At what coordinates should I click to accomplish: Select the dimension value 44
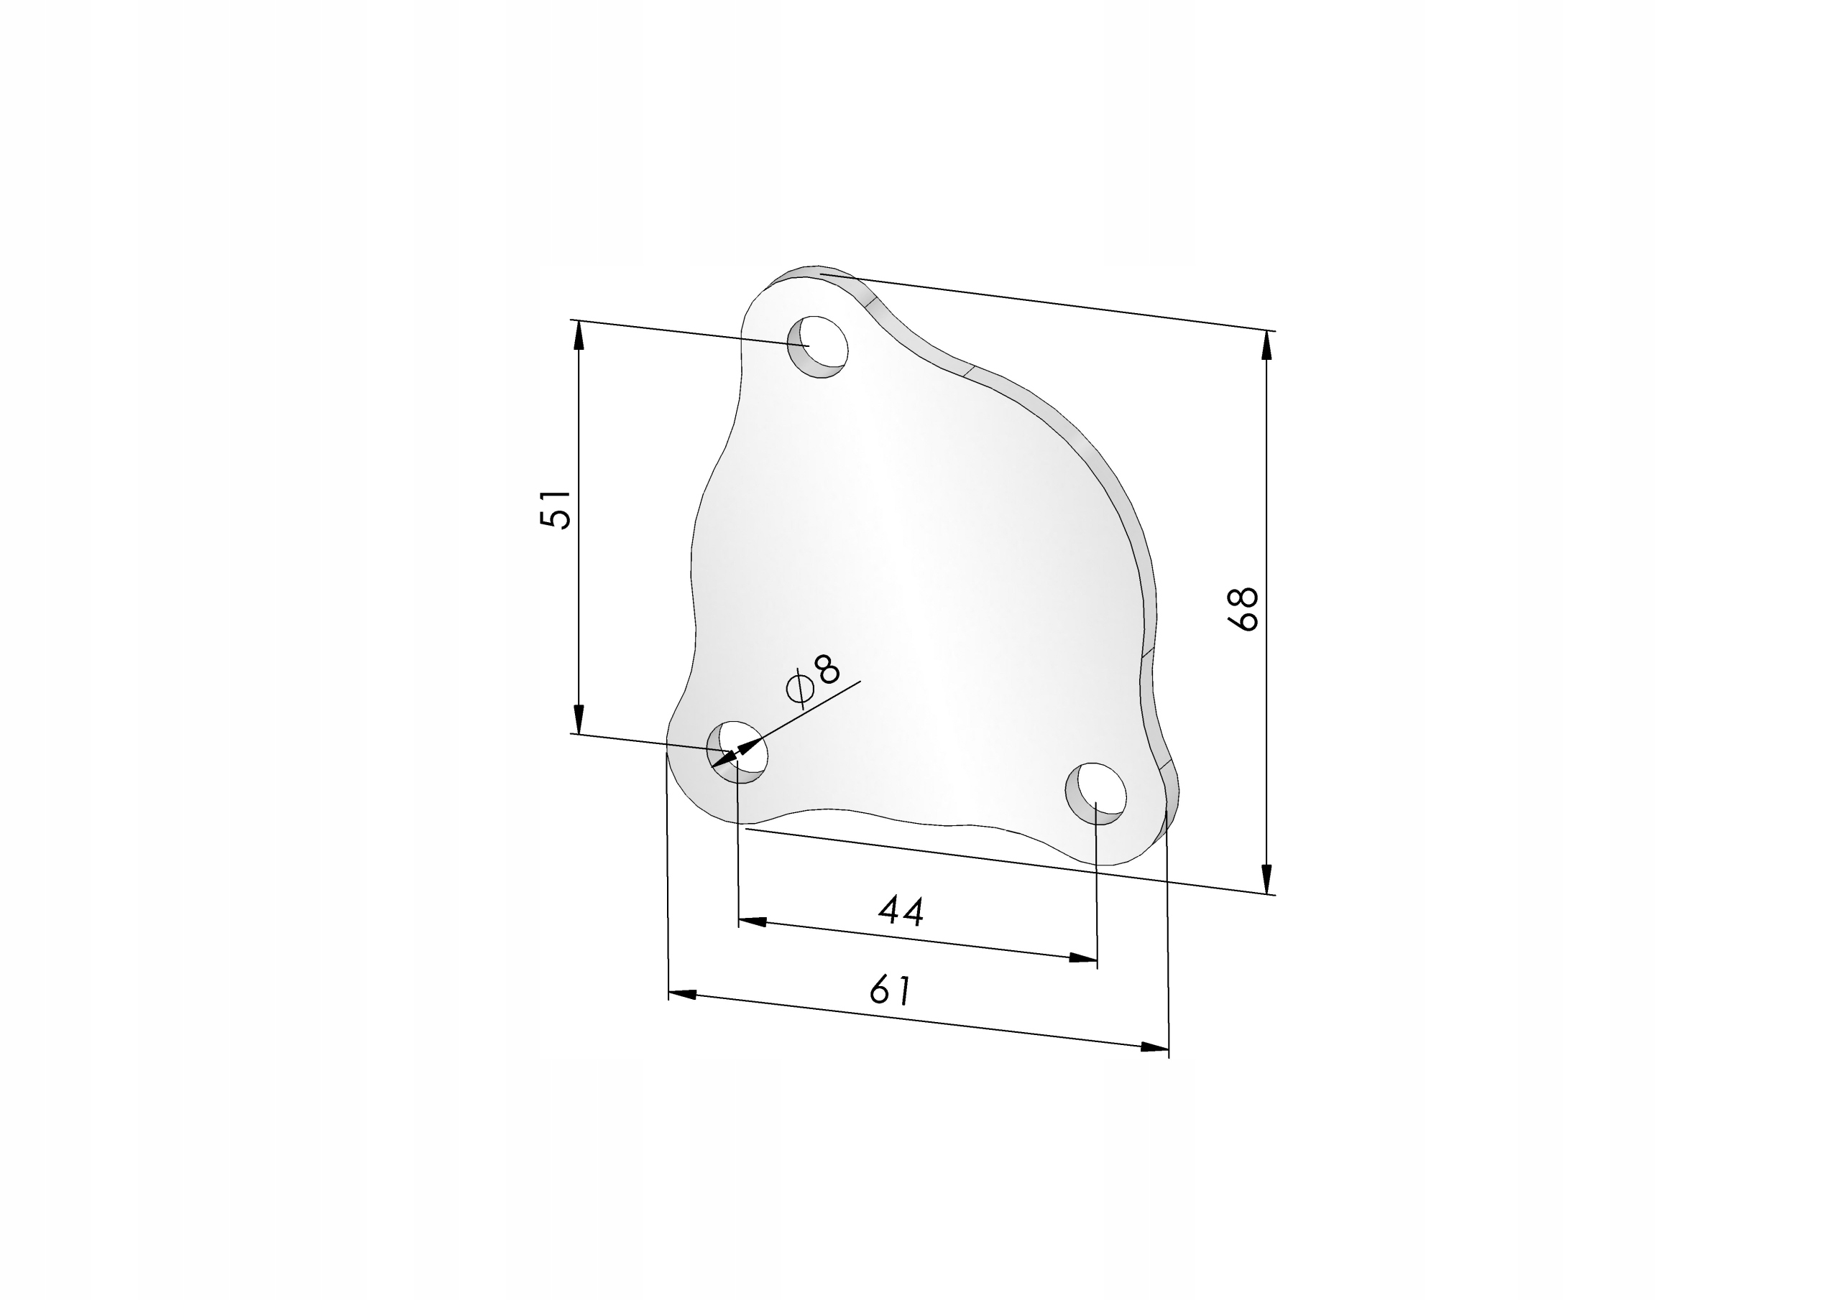point(901,911)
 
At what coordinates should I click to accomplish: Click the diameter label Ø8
point(814,680)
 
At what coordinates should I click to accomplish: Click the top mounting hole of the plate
point(817,347)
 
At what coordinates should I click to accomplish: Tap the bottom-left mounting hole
point(737,752)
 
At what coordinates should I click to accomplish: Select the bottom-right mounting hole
point(1095,793)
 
